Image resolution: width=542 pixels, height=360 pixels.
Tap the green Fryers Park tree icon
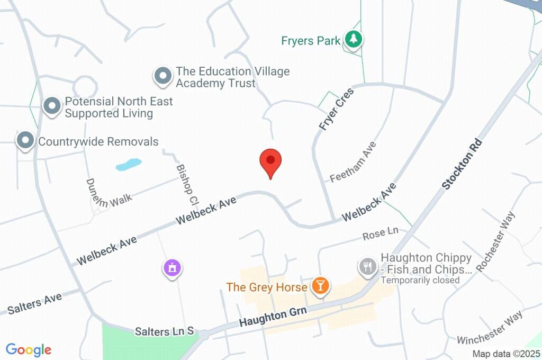353,39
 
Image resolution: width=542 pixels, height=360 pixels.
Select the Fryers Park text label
311,40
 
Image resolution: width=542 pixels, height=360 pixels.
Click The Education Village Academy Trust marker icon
162,76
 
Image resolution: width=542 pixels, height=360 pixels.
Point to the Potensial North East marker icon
52,106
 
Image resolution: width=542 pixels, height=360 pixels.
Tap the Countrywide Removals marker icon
25,141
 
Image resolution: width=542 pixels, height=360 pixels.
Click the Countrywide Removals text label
98,142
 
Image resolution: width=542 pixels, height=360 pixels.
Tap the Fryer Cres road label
336,110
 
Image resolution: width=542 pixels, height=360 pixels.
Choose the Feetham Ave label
353,162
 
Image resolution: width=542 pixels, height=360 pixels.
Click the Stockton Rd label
463,164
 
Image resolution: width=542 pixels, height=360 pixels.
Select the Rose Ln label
380,233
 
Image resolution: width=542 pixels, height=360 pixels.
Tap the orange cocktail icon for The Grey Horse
320,286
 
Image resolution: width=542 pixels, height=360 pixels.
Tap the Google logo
29,349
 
